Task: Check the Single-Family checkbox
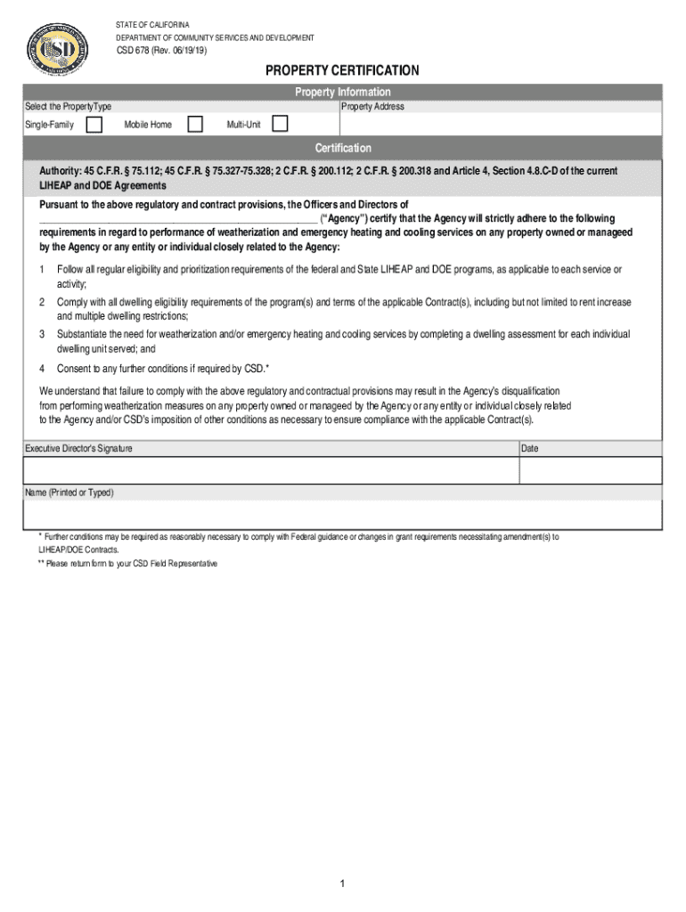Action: point(94,124)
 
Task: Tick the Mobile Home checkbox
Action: point(194,124)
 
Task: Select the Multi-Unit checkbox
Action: point(280,124)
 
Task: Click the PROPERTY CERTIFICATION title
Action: point(342,70)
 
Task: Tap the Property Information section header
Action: point(342,92)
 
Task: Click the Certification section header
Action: point(342,148)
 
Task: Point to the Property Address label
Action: point(372,107)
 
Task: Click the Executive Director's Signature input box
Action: point(271,470)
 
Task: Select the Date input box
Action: point(590,470)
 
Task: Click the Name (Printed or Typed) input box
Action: point(342,514)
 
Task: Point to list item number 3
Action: point(42,334)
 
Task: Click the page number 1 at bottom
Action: point(341,883)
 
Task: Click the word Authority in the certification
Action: point(59,171)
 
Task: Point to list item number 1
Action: point(42,269)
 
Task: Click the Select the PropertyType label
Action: point(68,107)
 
